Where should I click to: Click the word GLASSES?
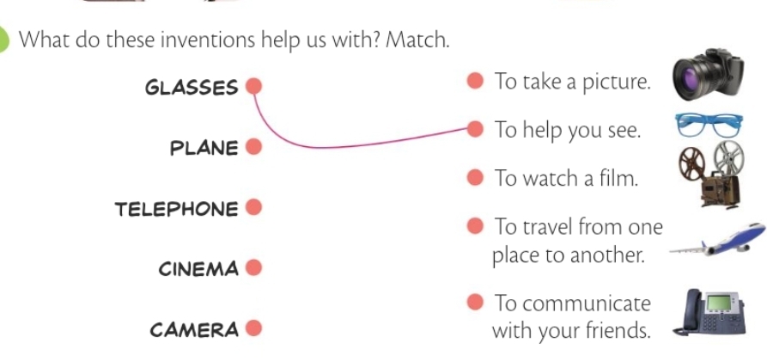[192, 87]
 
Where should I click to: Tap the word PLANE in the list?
[204, 148]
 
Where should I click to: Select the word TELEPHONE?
[176, 209]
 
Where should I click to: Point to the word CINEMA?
[198, 269]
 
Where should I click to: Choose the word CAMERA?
[194, 330]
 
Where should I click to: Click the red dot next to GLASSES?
[253, 86]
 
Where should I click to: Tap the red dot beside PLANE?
[253, 147]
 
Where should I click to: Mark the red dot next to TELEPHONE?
[253, 207]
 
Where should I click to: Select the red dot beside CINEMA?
[253, 268]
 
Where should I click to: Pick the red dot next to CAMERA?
[253, 328]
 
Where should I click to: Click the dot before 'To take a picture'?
[475, 82]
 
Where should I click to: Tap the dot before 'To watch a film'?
[475, 179]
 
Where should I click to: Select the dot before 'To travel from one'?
[475, 228]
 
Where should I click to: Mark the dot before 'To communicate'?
[475, 303]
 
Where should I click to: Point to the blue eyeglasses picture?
[709, 126]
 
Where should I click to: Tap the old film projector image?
[710, 175]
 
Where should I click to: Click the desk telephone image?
[712, 312]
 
